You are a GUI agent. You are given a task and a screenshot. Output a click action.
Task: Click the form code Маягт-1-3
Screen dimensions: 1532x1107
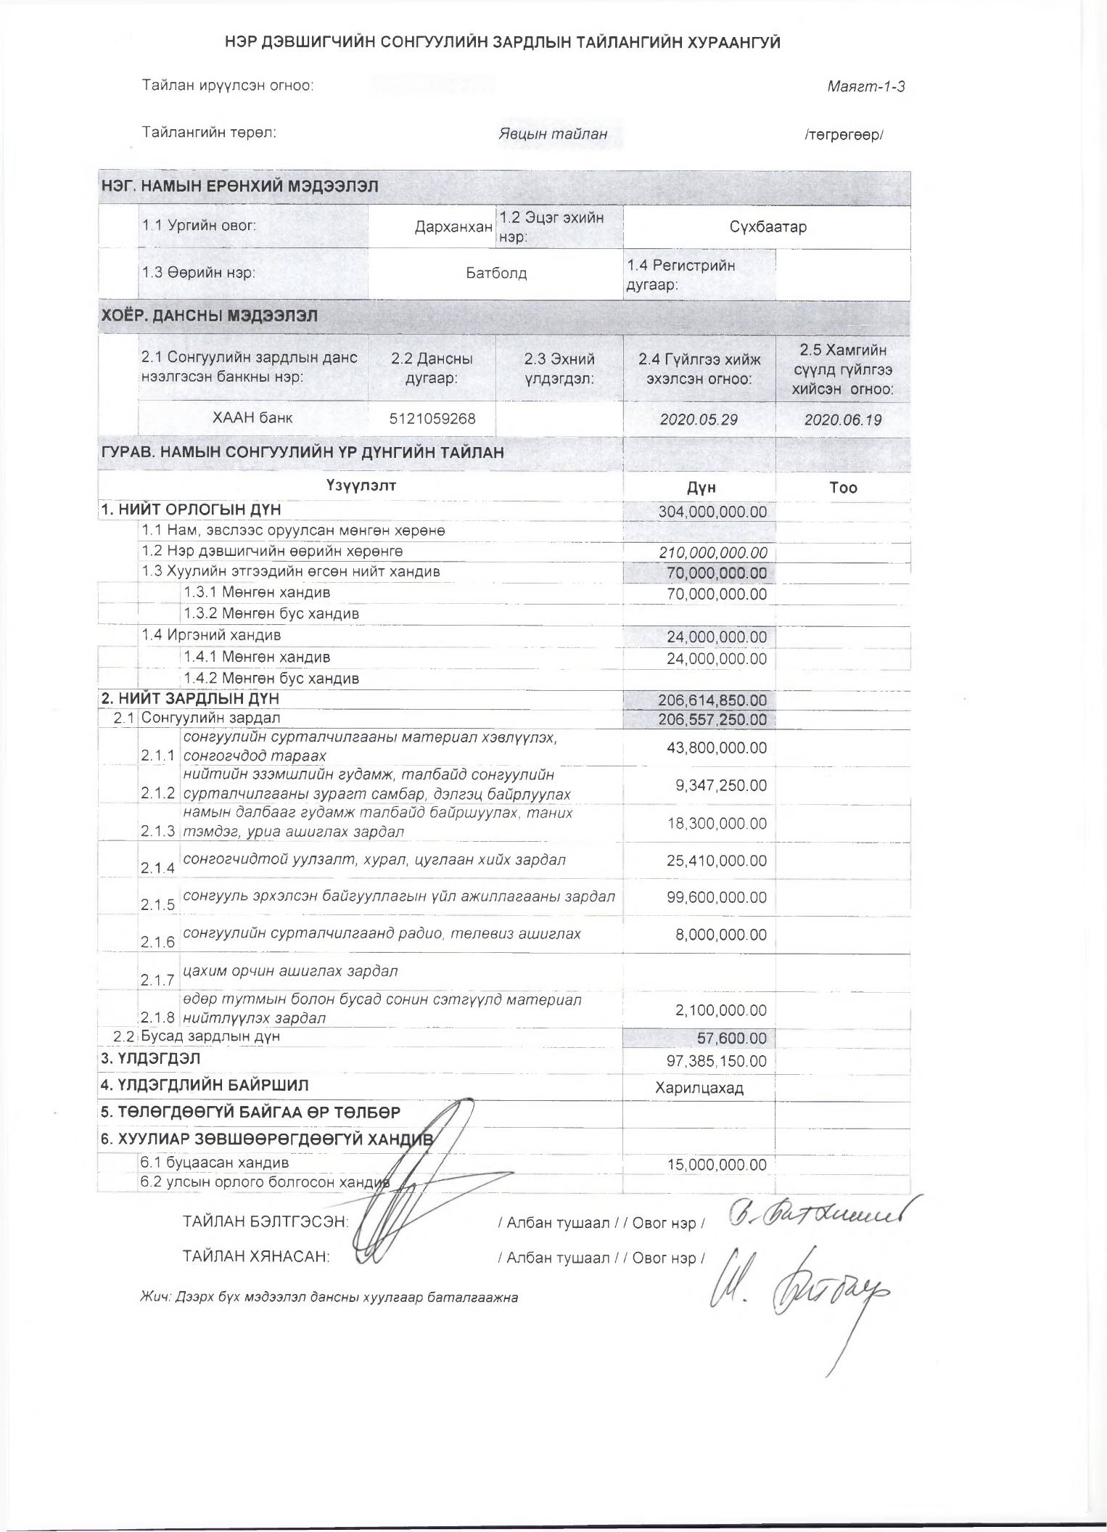click(865, 87)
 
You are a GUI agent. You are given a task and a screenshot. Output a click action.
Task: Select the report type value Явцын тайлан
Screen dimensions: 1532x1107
click(552, 134)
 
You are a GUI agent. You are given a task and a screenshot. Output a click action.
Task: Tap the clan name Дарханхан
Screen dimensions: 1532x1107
click(453, 227)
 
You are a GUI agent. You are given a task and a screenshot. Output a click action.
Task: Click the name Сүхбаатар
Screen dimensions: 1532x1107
click(768, 227)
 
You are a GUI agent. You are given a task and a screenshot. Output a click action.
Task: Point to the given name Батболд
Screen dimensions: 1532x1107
click(496, 274)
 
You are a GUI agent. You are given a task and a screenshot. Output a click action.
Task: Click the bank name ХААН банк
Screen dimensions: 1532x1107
click(252, 418)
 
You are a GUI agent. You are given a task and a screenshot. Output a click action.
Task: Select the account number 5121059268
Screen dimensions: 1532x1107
click(432, 419)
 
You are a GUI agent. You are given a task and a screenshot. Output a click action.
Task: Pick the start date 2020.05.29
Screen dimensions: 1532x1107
click(699, 420)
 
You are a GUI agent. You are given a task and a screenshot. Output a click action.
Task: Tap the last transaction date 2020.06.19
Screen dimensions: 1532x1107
click(842, 420)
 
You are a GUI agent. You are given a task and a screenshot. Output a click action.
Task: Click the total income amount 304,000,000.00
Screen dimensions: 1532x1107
click(712, 512)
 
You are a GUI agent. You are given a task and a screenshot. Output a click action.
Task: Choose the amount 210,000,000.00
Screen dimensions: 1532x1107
click(712, 553)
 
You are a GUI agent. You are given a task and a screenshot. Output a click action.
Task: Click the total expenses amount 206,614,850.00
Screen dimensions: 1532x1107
click(712, 700)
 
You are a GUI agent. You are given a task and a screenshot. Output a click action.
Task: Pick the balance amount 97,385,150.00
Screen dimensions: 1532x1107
click(717, 1061)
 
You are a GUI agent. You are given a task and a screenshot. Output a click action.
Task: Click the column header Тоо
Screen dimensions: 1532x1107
click(843, 488)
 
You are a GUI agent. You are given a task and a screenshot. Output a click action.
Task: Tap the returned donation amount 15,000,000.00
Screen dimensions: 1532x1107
click(717, 1165)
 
